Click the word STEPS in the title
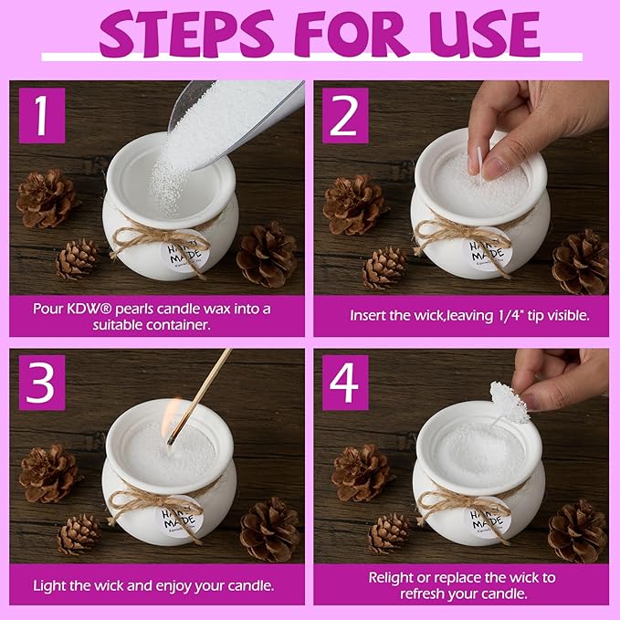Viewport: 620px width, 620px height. tap(186, 35)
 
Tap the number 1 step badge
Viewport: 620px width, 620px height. tap(42, 115)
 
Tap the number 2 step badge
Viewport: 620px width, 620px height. tap(345, 115)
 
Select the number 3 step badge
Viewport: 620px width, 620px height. tap(42, 383)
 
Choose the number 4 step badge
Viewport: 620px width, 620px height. tap(345, 383)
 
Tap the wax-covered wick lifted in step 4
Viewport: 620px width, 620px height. tap(508, 404)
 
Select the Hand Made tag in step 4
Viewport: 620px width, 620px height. tap(487, 518)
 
